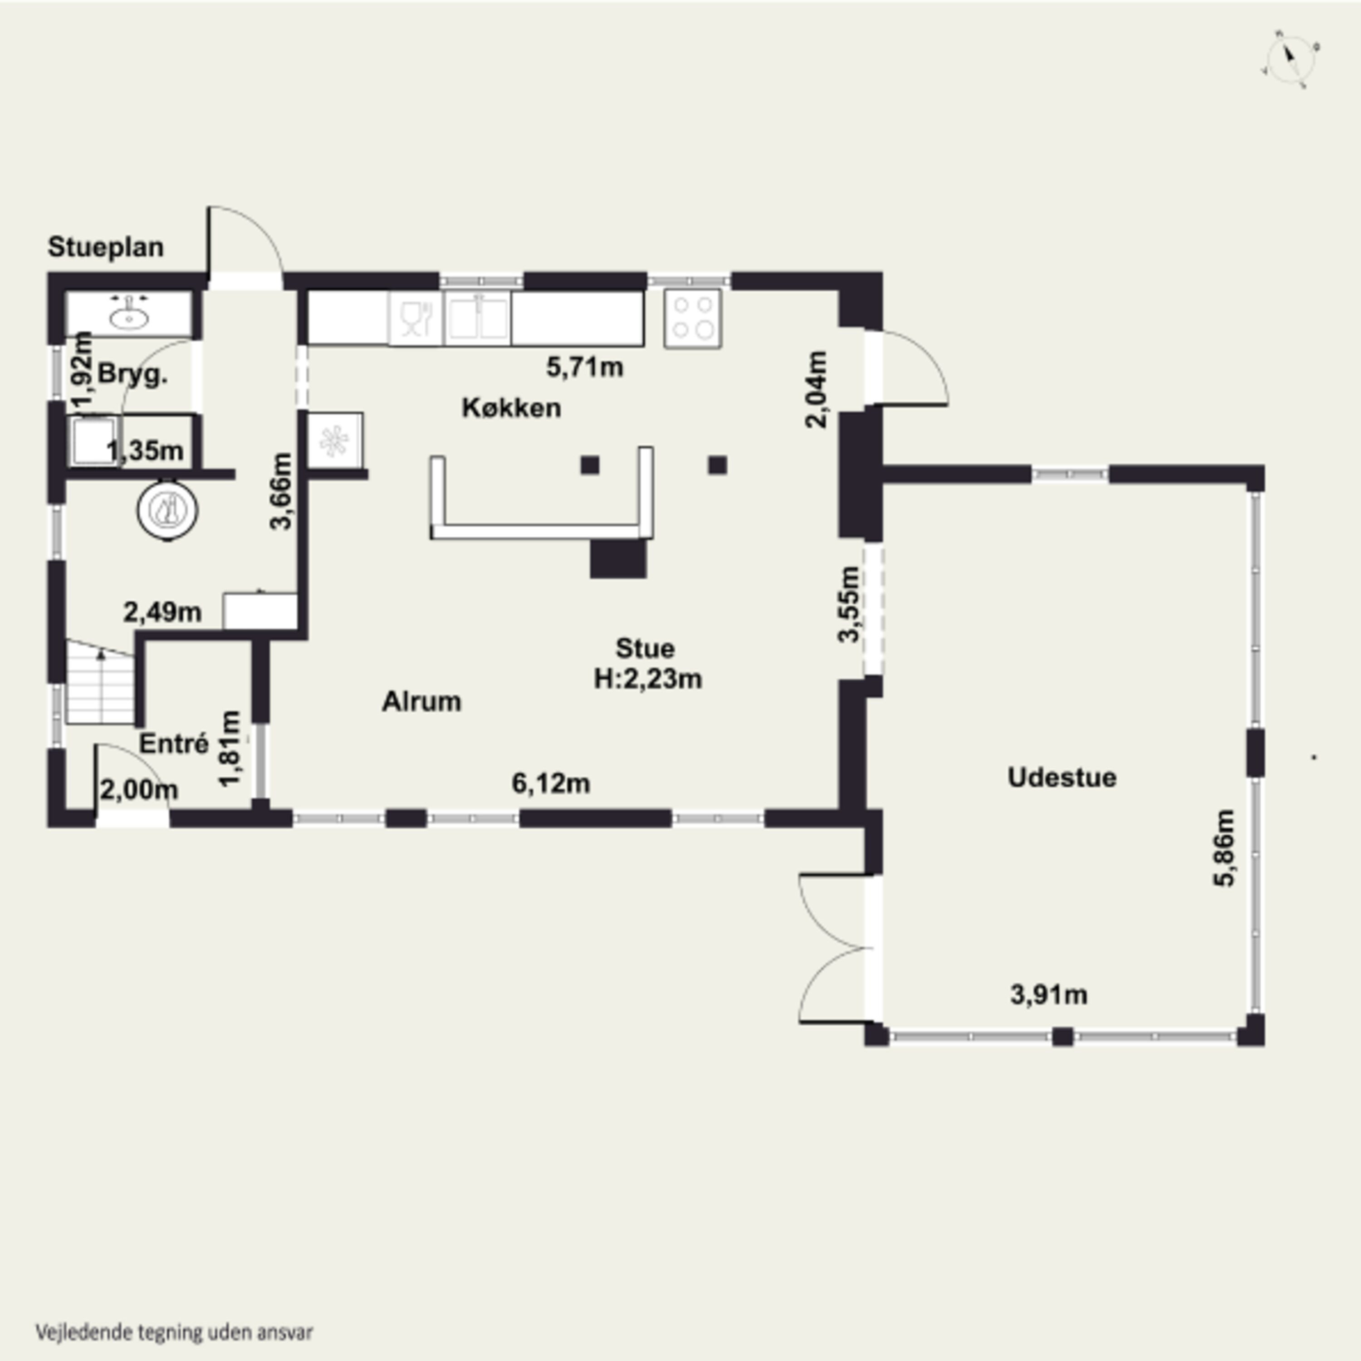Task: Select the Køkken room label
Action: (x=511, y=407)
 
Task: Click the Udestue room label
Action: (x=1062, y=778)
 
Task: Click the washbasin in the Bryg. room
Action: (x=129, y=315)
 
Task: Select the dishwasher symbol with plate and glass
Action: (x=416, y=318)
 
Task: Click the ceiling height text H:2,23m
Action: (x=647, y=679)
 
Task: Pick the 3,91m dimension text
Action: (x=1049, y=995)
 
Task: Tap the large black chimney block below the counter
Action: (x=618, y=558)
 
